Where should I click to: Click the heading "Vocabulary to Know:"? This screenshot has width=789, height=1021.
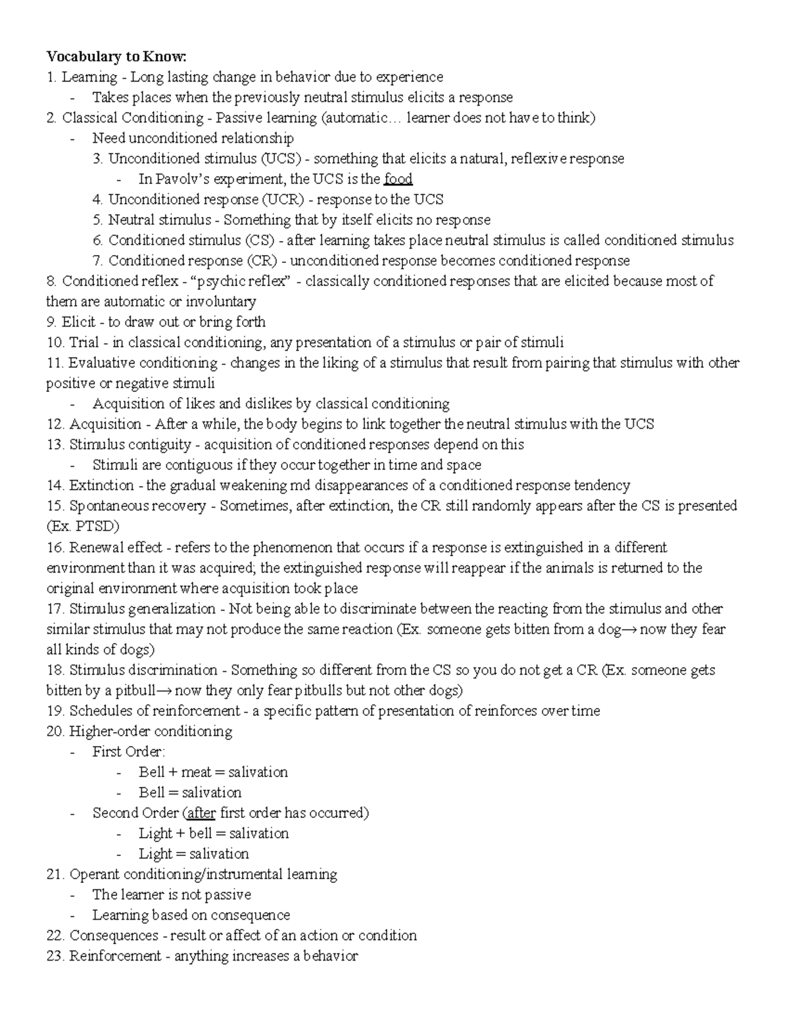pyautogui.click(x=116, y=56)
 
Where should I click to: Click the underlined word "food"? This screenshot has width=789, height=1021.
pyautogui.click(x=398, y=179)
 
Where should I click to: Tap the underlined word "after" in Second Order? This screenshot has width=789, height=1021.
pyautogui.click(x=201, y=813)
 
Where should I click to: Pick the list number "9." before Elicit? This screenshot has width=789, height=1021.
pyautogui.click(x=52, y=321)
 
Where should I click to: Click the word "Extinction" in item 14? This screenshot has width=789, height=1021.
pyautogui.click(x=101, y=485)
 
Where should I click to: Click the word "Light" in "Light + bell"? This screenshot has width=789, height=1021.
pyautogui.click(x=155, y=833)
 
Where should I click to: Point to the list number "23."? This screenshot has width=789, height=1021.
pyautogui.click(x=55, y=956)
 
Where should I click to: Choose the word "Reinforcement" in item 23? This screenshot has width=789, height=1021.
pyautogui.click(x=115, y=956)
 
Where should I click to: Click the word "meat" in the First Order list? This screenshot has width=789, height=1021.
pyautogui.click(x=196, y=772)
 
